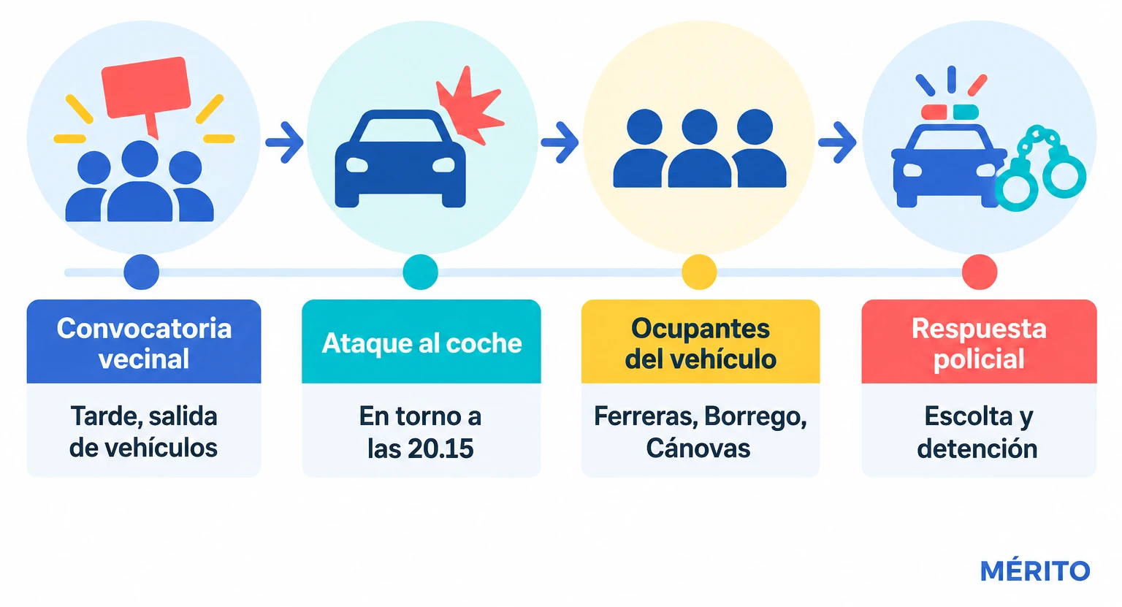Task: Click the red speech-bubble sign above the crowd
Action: (x=146, y=90)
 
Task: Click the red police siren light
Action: (x=934, y=112)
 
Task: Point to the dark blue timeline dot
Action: (x=141, y=272)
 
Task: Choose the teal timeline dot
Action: (x=420, y=272)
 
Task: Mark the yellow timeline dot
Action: (x=699, y=272)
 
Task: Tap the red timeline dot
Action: (x=980, y=272)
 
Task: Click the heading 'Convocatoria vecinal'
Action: (x=144, y=343)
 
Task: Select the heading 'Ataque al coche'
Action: (x=421, y=343)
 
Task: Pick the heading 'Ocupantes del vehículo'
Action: (x=701, y=343)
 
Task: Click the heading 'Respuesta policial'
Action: (x=979, y=343)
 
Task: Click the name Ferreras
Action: (x=645, y=416)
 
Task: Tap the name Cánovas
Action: (x=698, y=448)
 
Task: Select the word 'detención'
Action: (x=977, y=448)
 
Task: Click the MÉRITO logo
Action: (x=1035, y=571)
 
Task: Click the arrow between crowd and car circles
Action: (x=284, y=142)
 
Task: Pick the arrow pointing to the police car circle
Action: (x=837, y=142)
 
